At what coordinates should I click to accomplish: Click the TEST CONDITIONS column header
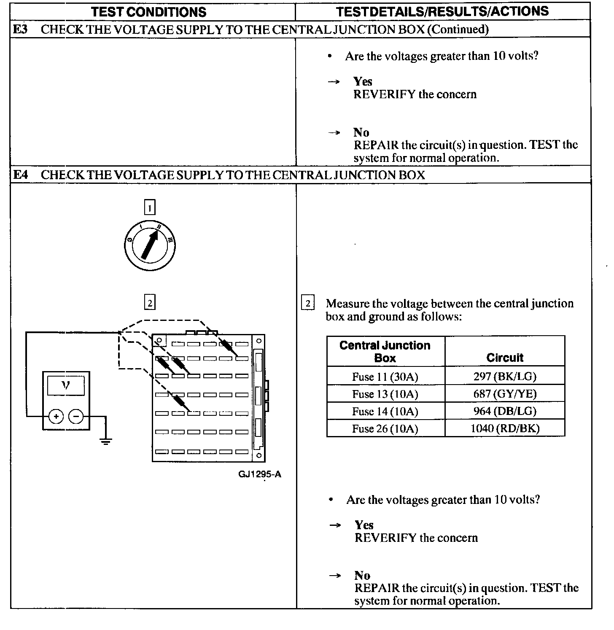149,12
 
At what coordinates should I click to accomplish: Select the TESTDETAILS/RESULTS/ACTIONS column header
442,11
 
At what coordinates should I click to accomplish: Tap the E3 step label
20,29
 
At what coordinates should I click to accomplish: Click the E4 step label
20,175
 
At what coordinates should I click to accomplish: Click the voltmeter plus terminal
56,417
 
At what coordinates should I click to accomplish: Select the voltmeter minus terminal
76,417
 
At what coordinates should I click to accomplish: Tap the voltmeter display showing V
66,385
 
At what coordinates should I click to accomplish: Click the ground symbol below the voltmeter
105,442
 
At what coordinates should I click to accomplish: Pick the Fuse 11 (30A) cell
385,377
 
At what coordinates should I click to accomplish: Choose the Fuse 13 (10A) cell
385,394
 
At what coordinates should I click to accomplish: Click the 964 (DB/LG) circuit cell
505,411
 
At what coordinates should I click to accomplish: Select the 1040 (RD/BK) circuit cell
505,428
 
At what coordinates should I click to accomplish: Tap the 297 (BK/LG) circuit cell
505,377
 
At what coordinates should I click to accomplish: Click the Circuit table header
505,358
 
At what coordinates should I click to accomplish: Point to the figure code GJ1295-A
260,474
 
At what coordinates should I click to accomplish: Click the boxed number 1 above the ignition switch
150,207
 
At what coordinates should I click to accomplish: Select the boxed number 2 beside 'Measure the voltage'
308,304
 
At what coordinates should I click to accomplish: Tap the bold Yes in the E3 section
363,81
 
